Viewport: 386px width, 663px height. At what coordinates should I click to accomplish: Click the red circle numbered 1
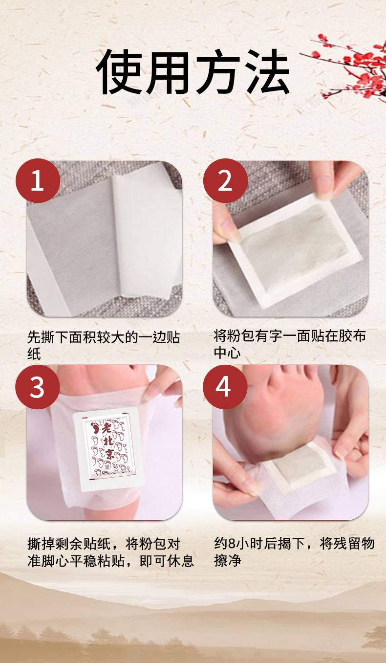[x=38, y=180]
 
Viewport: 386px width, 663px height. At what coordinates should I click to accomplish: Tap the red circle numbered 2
[x=225, y=180]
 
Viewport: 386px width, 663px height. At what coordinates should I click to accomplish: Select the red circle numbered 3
[x=38, y=387]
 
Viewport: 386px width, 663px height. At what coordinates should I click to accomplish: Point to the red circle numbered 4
[x=225, y=387]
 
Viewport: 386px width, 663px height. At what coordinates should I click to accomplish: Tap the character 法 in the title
[x=265, y=72]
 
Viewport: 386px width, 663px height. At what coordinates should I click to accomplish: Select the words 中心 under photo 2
[x=227, y=352]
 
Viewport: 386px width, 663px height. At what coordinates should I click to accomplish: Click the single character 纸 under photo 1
[x=34, y=354]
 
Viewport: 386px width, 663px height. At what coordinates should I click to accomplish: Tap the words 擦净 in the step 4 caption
[x=228, y=560]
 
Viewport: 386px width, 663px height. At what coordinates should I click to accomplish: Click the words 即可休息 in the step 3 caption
[x=166, y=561]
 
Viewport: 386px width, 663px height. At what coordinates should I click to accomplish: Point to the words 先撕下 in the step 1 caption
[x=48, y=337]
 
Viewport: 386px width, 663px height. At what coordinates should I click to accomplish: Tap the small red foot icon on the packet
[x=96, y=427]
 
